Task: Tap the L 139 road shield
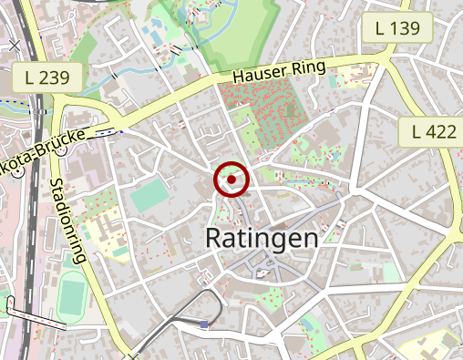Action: click(x=397, y=28)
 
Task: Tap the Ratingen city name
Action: click(x=262, y=239)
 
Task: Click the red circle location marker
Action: click(x=231, y=180)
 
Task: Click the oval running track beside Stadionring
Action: click(x=74, y=297)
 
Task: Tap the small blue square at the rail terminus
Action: click(x=204, y=324)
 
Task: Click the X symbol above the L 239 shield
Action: click(x=14, y=44)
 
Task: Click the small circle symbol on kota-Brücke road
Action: click(x=60, y=152)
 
